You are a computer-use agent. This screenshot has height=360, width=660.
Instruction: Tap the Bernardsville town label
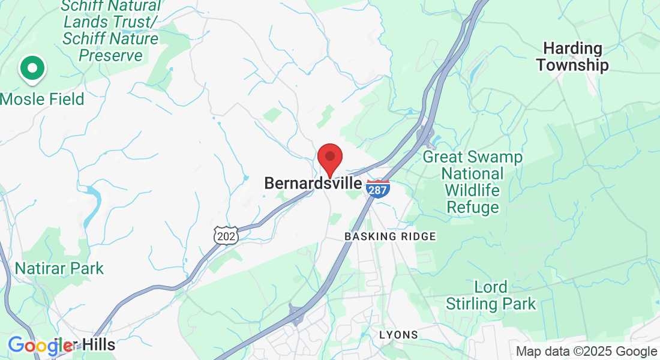(313, 184)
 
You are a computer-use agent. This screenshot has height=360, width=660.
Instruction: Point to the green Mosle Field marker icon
(32, 68)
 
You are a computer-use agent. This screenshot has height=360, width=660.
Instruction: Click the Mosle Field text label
(42, 99)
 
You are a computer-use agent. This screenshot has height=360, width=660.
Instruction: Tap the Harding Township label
(572, 56)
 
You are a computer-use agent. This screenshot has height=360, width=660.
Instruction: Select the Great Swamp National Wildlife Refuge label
(472, 182)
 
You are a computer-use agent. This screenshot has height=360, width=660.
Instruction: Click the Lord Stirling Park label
(491, 295)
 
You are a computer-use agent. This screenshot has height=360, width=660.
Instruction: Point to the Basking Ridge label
(390, 237)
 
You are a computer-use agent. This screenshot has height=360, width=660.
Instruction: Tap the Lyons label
(398, 334)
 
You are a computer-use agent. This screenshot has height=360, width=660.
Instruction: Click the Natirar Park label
(59, 268)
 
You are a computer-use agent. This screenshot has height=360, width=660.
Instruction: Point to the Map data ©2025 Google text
(586, 352)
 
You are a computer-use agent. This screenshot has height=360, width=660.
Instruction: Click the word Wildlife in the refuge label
(472, 191)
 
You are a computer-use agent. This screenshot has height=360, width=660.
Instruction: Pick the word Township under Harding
(572, 65)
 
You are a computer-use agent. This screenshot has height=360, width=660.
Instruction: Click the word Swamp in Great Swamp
(494, 157)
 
